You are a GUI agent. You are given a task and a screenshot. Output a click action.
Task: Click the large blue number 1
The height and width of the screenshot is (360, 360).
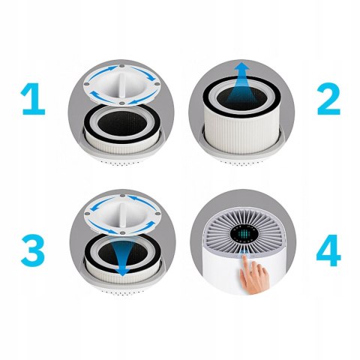34,99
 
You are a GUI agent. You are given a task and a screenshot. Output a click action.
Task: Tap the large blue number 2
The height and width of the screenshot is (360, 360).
328,99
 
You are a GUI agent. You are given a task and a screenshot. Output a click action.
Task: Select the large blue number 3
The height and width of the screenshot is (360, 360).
33,250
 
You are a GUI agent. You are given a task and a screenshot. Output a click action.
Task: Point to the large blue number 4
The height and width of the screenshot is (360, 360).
328,250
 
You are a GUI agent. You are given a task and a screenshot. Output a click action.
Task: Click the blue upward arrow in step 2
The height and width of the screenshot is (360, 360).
241,84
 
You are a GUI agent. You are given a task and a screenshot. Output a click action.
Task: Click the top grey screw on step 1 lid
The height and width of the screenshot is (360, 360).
121,66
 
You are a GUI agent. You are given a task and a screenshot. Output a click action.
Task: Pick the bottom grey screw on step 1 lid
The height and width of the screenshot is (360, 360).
121,103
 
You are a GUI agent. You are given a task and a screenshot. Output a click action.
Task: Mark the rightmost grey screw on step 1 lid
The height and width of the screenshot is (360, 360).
157,84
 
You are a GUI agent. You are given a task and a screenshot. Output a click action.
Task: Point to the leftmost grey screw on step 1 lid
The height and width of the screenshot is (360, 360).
87,84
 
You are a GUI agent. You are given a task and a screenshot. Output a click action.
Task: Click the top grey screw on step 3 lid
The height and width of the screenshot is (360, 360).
122,196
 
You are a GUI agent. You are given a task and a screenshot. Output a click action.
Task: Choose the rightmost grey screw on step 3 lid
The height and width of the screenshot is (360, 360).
157,214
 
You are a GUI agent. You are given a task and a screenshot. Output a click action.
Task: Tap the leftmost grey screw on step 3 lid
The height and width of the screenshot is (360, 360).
88,214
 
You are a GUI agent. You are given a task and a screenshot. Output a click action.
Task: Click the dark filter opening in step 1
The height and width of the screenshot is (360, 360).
122,123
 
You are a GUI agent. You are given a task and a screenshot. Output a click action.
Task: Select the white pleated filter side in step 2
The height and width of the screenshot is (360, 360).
241,133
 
